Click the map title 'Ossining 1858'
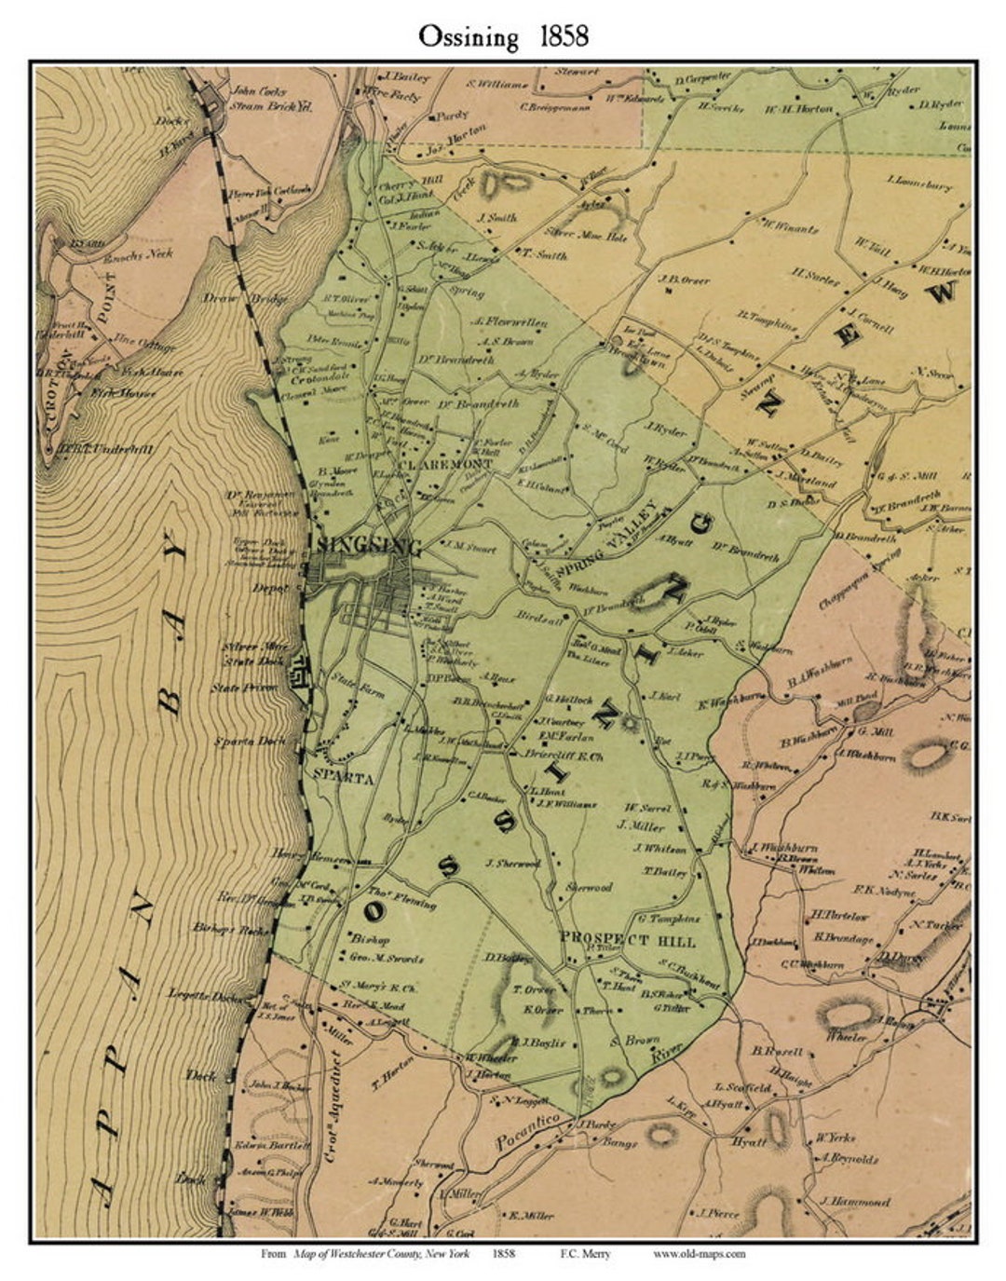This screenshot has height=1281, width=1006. point(502,36)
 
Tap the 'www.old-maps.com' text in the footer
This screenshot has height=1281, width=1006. point(698,1254)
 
